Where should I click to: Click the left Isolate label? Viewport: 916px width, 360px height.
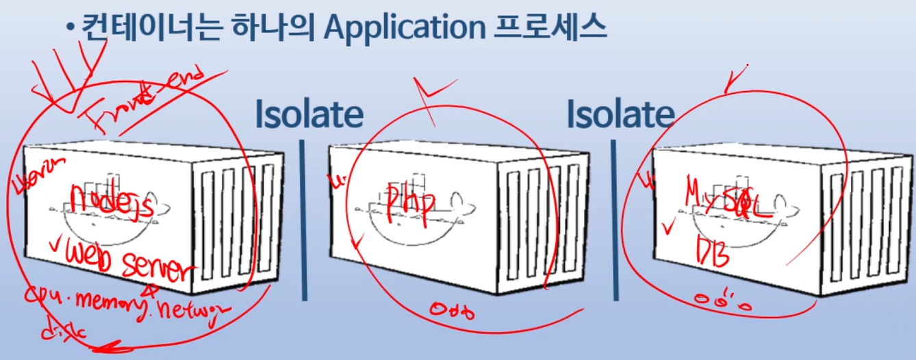click(x=309, y=114)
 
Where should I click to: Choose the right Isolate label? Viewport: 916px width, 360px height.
click(x=620, y=114)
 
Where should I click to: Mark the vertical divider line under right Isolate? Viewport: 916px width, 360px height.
click(x=614, y=219)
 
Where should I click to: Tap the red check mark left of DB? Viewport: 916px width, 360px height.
click(x=670, y=225)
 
